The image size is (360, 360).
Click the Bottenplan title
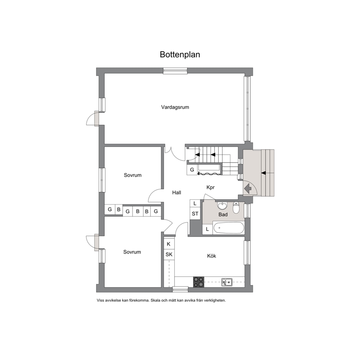[180, 55]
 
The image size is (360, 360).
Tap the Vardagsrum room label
[175, 107]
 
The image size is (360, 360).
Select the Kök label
[212, 256]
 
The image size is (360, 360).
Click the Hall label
[177, 193]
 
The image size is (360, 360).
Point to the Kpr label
[210, 188]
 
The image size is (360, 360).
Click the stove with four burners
[199, 282]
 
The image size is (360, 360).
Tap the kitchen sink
[227, 282]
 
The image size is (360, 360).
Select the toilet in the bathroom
[236, 207]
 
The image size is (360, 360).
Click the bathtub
[228, 228]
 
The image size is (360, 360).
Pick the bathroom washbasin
[222, 206]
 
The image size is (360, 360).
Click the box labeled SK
[169, 254]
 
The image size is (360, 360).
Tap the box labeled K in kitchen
[169, 244]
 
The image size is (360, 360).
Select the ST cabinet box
[195, 214]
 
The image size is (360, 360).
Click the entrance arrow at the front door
[248, 189]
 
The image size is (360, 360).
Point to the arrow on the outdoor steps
[264, 173]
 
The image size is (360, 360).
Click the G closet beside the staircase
[192, 170]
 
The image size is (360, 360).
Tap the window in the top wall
[175, 71]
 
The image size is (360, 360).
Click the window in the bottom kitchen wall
[180, 289]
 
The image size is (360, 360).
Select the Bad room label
[223, 214]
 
